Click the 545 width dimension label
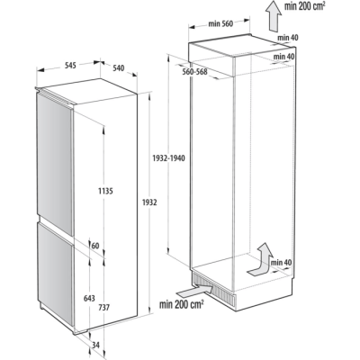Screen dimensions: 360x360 point(69,65)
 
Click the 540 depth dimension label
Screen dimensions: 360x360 point(118,68)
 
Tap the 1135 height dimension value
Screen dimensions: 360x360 point(105,191)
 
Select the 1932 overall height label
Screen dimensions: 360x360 point(149,202)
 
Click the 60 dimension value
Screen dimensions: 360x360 point(95,246)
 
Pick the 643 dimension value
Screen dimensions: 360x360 point(88,299)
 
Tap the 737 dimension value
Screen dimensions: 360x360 point(103,308)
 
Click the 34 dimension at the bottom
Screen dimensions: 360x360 point(95,346)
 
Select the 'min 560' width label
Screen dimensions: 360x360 point(220,23)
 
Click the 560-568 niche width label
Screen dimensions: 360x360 point(194,72)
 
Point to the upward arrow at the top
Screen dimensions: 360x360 point(273,15)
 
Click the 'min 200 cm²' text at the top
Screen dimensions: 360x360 point(305,6)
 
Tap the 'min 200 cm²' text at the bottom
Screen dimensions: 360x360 point(182,304)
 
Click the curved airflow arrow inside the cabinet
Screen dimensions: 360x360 point(260,260)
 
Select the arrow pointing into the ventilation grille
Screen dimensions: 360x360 point(195,290)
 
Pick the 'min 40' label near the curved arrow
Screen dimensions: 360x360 point(281,263)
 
